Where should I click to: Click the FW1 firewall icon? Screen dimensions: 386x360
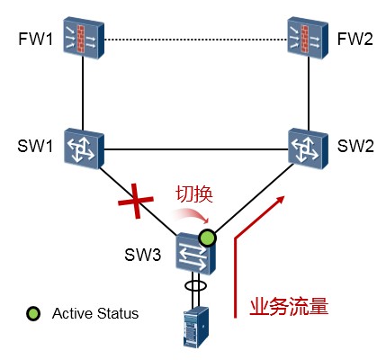pyautogui.click(x=84, y=38)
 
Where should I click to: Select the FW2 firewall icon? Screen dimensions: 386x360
pyautogui.click(x=308, y=38)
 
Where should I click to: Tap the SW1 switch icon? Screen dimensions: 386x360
pyautogui.click(x=84, y=148)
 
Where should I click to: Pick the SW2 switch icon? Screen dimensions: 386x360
pyautogui.click(x=309, y=148)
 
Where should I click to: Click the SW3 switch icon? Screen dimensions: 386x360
pyautogui.click(x=195, y=254)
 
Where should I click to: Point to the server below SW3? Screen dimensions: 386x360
pyautogui.click(x=196, y=327)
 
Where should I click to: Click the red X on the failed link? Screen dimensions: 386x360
pyautogui.click(x=136, y=201)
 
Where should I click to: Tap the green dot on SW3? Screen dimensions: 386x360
pyautogui.click(x=207, y=238)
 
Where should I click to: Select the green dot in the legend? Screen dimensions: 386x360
pyautogui.click(x=33, y=313)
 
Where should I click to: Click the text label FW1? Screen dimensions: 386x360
pyautogui.click(x=36, y=39)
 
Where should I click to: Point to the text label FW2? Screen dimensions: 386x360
pyautogui.click(x=355, y=39)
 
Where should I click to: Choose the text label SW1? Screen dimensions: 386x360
pyautogui.click(x=35, y=146)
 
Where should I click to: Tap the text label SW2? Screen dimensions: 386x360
pyautogui.click(x=355, y=146)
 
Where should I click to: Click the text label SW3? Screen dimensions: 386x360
pyautogui.click(x=143, y=255)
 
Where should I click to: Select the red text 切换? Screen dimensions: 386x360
pyautogui.click(x=194, y=193)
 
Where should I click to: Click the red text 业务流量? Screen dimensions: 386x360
pyautogui.click(x=289, y=307)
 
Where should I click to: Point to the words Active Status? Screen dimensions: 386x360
pyautogui.click(x=95, y=313)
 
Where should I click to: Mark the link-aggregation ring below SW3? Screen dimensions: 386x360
pyautogui.click(x=195, y=285)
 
